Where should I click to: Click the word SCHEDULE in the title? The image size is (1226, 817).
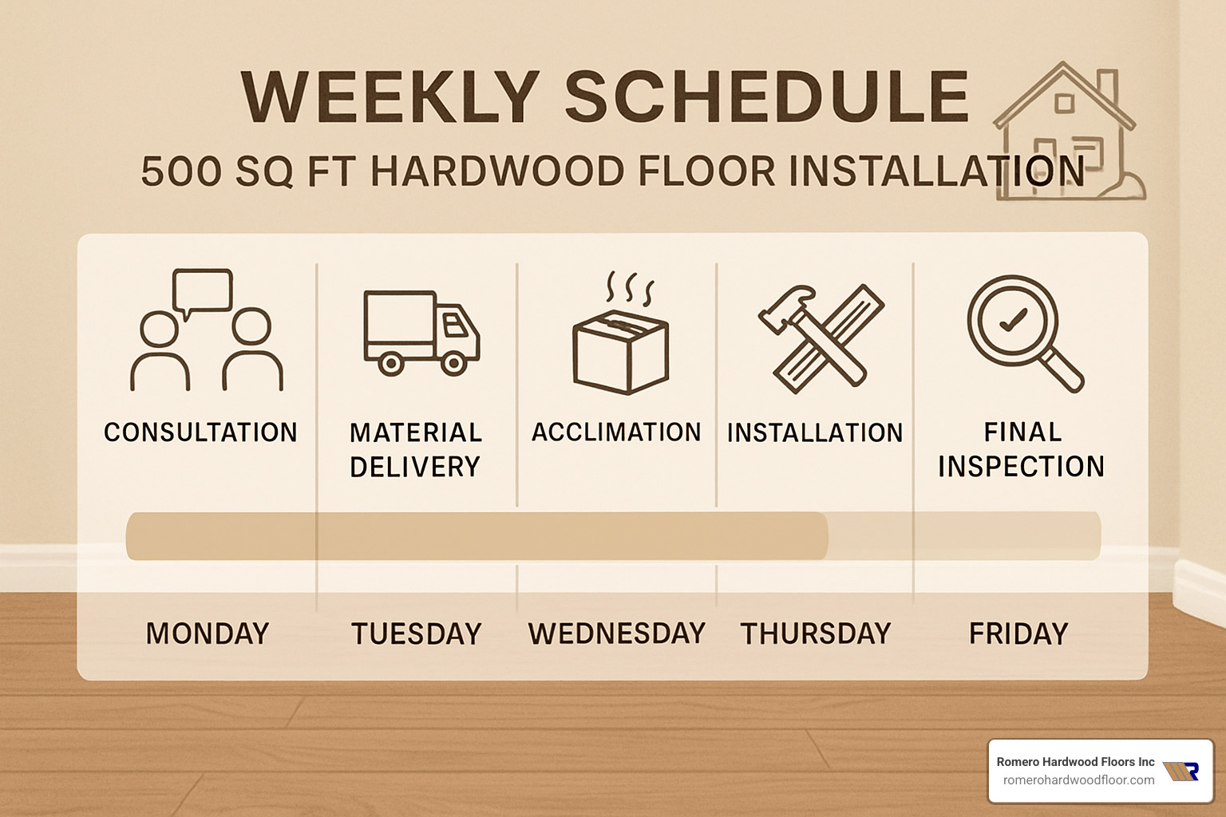click(766, 97)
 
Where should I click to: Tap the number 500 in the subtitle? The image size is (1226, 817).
click(180, 172)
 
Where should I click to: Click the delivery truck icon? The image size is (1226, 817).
click(421, 332)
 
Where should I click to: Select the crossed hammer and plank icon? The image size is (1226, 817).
click(821, 337)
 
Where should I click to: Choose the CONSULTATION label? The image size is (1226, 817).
click(200, 432)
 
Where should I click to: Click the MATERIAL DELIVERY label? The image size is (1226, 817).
click(416, 449)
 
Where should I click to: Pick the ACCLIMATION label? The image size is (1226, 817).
click(616, 432)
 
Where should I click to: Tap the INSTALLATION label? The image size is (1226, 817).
click(815, 432)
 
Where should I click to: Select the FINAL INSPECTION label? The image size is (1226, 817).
click(1022, 449)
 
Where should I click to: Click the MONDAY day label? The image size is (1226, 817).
click(208, 633)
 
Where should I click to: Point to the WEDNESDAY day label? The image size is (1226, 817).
click(617, 633)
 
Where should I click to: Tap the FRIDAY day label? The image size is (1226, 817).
click(1018, 633)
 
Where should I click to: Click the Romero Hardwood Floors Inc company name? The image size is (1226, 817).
click(1075, 762)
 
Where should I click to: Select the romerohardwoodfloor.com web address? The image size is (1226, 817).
click(1078, 780)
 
